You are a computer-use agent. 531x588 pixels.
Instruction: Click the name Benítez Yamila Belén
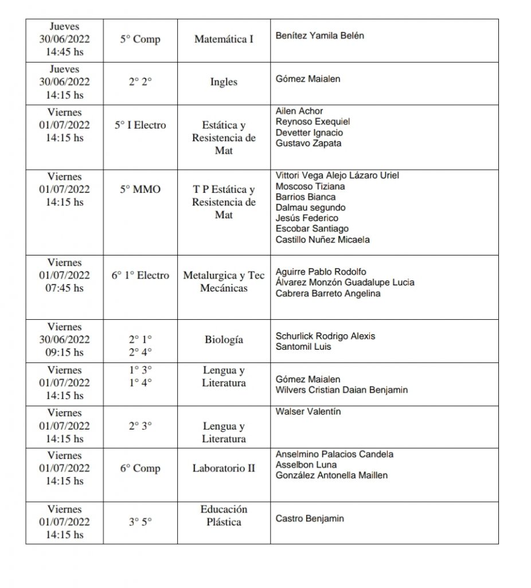pyautogui.click(x=320, y=36)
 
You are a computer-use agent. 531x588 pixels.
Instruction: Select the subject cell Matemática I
pyautogui.click(x=224, y=40)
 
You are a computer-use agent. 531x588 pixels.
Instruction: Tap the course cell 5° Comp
pyautogui.click(x=140, y=40)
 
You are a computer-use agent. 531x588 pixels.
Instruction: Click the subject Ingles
pyautogui.click(x=224, y=82)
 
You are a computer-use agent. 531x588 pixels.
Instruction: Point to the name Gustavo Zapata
pyautogui.click(x=309, y=143)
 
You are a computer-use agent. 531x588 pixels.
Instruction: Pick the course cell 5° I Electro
pyautogui.click(x=140, y=125)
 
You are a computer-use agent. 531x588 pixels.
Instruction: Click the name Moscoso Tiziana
pyautogui.click(x=310, y=186)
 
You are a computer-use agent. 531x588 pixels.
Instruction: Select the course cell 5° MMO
pyautogui.click(x=140, y=189)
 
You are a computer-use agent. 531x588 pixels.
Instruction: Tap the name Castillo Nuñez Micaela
pyautogui.click(x=323, y=239)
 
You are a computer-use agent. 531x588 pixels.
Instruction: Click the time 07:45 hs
pyautogui.click(x=64, y=288)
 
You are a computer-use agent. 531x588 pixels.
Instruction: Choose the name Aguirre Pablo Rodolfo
pyautogui.click(x=321, y=272)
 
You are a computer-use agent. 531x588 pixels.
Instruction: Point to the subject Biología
pyautogui.click(x=224, y=339)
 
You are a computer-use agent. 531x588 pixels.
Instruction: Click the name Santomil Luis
pyautogui.click(x=303, y=347)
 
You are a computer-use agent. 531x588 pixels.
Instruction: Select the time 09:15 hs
pyautogui.click(x=64, y=352)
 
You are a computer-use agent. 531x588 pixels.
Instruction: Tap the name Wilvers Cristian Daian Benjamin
pyautogui.click(x=342, y=390)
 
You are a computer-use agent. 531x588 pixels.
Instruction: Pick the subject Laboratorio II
pyautogui.click(x=224, y=468)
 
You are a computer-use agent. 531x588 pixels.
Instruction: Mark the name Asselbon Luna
pyautogui.click(x=306, y=465)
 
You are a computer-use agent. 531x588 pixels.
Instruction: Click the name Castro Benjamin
pyautogui.click(x=310, y=519)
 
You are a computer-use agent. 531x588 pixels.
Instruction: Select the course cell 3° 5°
pyautogui.click(x=140, y=522)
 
